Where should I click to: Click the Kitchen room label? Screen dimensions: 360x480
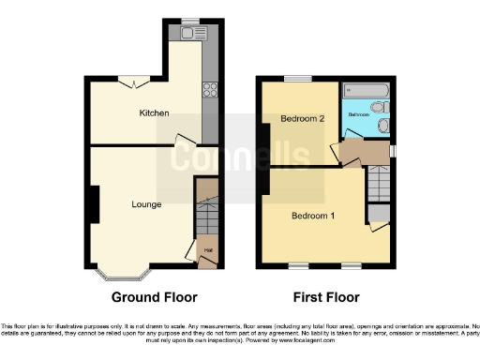tap(154, 112)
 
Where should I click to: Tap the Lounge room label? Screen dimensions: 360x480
tap(146, 203)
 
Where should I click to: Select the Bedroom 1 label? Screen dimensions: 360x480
tap(313, 216)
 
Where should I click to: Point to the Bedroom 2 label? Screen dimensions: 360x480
tap(302, 119)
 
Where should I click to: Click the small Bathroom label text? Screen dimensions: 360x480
tap(359, 114)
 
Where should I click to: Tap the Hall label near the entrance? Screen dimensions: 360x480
tap(208, 250)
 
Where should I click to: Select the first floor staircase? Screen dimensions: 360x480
tap(378, 183)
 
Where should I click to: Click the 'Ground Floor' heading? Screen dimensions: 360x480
tap(155, 298)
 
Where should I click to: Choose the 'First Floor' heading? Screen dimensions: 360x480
tap(326, 298)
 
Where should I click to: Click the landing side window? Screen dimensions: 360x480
tap(393, 150)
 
